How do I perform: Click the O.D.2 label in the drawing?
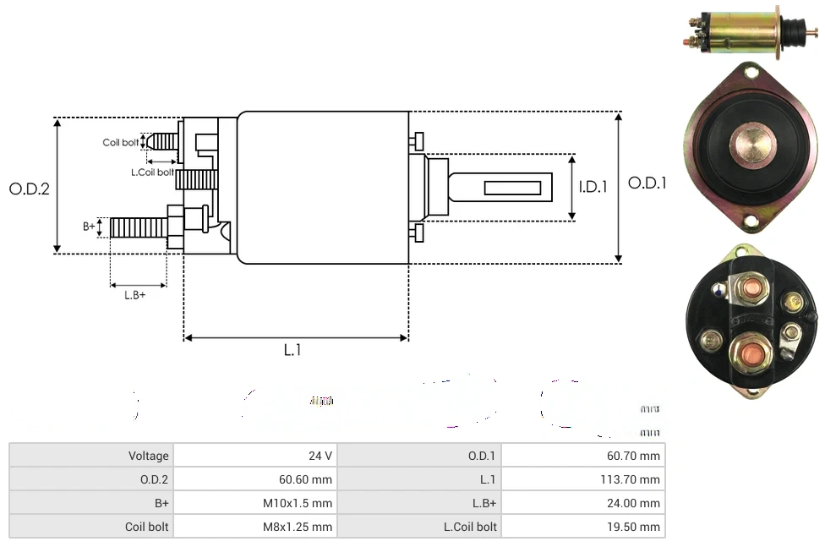click(30, 189)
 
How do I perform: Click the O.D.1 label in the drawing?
click(647, 183)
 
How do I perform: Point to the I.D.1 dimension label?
click(593, 188)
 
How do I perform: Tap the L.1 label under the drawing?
click(292, 350)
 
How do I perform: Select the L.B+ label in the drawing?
click(135, 295)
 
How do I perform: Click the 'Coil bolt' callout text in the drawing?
click(120, 142)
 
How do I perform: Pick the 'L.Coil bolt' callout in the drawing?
click(152, 172)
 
